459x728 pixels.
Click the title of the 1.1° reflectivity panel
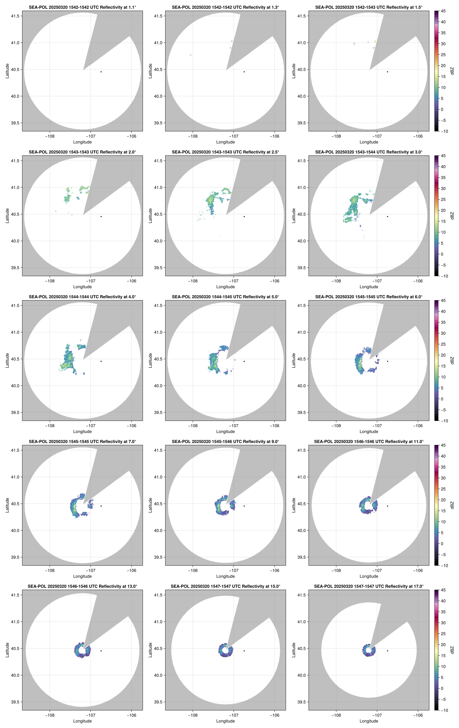point(82,7)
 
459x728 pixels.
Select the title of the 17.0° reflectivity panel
point(368,586)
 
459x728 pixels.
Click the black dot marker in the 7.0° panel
point(101,506)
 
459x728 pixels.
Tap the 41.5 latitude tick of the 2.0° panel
point(15,161)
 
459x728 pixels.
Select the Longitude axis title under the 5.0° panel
point(225,431)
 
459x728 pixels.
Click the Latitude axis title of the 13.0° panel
point(7,650)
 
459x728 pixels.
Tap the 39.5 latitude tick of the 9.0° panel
point(158,557)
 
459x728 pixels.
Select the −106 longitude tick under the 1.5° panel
point(418,136)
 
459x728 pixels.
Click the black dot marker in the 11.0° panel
point(387,506)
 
